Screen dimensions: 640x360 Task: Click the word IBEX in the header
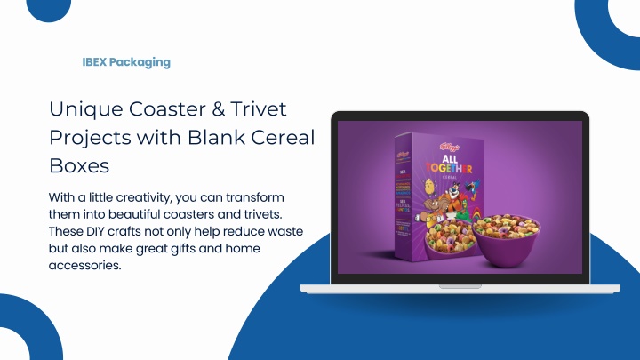94,62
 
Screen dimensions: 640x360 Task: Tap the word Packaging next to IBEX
140,63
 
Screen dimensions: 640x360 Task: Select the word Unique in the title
85,109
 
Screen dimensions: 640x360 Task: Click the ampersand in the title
219,109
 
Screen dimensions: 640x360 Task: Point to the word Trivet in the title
259,109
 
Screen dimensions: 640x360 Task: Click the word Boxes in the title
79,165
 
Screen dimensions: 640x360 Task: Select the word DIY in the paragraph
95,231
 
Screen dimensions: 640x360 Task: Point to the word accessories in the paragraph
85,266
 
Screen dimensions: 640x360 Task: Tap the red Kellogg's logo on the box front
450,147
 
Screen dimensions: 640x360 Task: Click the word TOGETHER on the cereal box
449,167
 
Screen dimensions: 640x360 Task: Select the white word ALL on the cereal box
450,158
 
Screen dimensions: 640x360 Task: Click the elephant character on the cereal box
433,207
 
